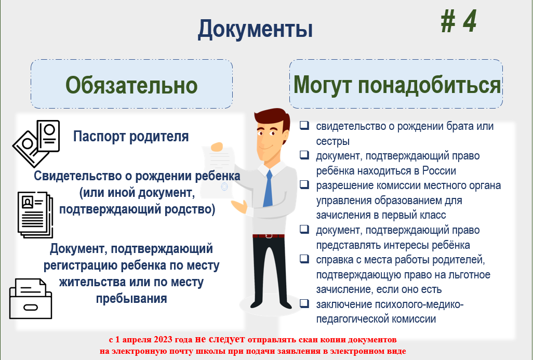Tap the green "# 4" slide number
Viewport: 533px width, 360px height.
tap(459, 21)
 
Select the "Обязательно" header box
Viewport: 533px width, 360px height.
tap(131, 84)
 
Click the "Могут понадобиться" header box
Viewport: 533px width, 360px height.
tap(396, 84)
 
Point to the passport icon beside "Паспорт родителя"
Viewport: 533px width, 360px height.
tap(36, 143)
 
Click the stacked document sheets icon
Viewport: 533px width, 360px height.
tap(35, 214)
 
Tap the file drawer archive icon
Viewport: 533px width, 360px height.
tap(31, 299)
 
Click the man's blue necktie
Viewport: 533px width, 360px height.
tap(268, 189)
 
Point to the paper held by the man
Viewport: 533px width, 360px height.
tap(218, 172)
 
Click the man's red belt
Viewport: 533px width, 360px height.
tap(269, 235)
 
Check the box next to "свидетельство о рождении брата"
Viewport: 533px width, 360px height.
tap(304, 125)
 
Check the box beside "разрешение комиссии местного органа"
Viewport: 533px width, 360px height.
tap(304, 184)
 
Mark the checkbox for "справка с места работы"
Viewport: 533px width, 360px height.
tap(304, 259)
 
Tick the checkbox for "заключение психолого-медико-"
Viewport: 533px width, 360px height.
tap(304, 303)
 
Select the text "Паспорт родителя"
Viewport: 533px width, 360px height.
tap(131, 136)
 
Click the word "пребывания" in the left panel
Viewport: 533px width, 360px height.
tap(131, 299)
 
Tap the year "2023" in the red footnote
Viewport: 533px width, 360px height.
tap(163, 340)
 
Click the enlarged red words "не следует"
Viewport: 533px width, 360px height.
tap(220, 339)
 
